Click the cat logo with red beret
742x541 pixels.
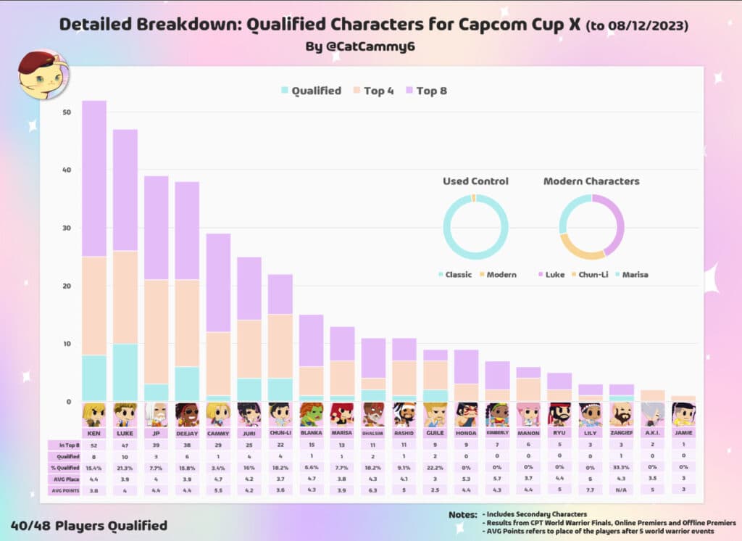(x=43, y=75)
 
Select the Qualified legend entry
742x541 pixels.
(x=311, y=91)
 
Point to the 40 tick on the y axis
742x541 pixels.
(x=67, y=170)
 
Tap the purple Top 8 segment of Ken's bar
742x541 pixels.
(x=94, y=178)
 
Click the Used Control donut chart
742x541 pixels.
(x=475, y=227)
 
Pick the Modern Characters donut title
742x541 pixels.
(x=591, y=181)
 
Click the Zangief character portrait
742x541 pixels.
(x=621, y=414)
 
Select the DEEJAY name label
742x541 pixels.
(x=188, y=432)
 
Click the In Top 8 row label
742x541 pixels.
(x=63, y=445)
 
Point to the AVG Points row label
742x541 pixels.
(x=63, y=491)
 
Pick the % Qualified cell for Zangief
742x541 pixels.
(x=621, y=468)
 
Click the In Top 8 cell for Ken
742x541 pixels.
(x=94, y=445)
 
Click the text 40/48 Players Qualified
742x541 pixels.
(x=88, y=525)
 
